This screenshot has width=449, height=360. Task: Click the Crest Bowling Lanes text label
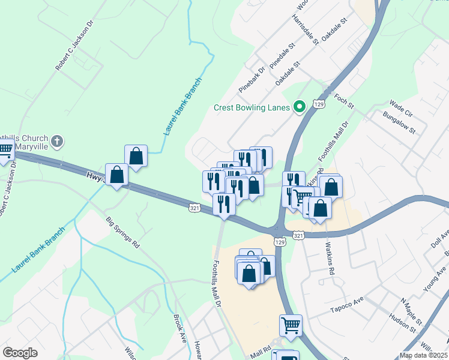252,108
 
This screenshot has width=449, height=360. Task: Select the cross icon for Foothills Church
57,142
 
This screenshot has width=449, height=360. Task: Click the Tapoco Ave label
349,305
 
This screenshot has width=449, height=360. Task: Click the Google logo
20,353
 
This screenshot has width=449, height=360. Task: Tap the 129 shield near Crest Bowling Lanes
319,104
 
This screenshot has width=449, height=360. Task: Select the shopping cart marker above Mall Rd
291,326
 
